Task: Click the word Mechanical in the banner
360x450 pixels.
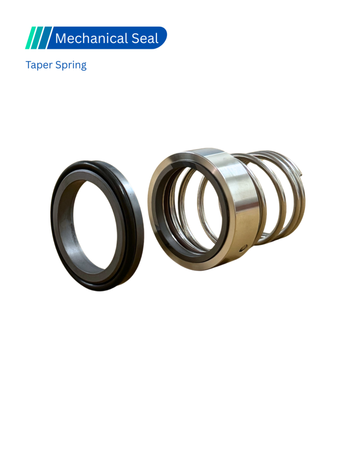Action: (91, 38)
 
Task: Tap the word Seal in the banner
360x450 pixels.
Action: (145, 38)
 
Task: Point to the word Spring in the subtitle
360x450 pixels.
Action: (71, 65)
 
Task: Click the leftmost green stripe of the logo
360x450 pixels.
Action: (31, 37)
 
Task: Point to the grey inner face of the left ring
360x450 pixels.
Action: (66, 227)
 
